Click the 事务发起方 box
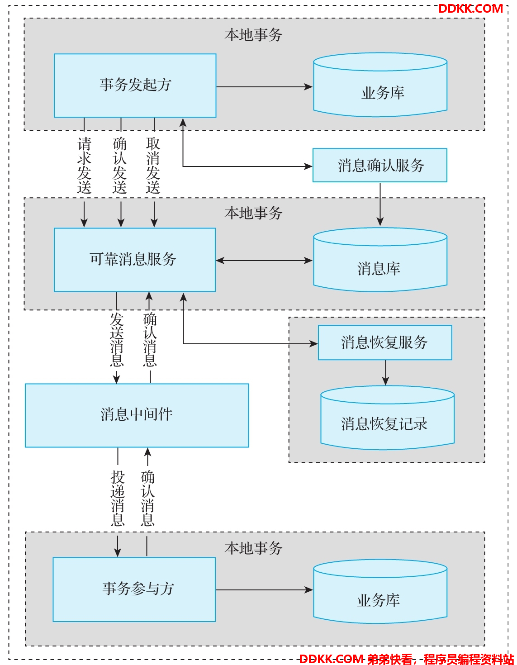click(x=135, y=85)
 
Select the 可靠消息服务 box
click(x=135, y=260)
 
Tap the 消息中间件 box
click(x=137, y=415)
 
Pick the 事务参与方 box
click(x=134, y=589)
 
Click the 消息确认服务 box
click(x=379, y=165)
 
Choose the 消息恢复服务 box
click(x=385, y=342)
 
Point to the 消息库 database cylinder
click(x=380, y=260)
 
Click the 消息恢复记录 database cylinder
click(x=387, y=418)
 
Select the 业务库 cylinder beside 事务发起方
click(x=380, y=85)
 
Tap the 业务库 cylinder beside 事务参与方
click(x=380, y=592)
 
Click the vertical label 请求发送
click(x=84, y=165)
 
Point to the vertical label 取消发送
click(x=153, y=165)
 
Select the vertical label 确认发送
click(x=119, y=165)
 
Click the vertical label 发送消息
click(x=117, y=339)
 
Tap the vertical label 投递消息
click(x=118, y=498)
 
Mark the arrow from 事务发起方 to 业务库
click(x=264, y=86)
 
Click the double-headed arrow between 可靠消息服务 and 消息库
click(x=264, y=261)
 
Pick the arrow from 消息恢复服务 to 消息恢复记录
click(x=385, y=372)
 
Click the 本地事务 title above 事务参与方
click(x=253, y=548)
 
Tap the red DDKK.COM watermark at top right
click(x=470, y=9)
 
